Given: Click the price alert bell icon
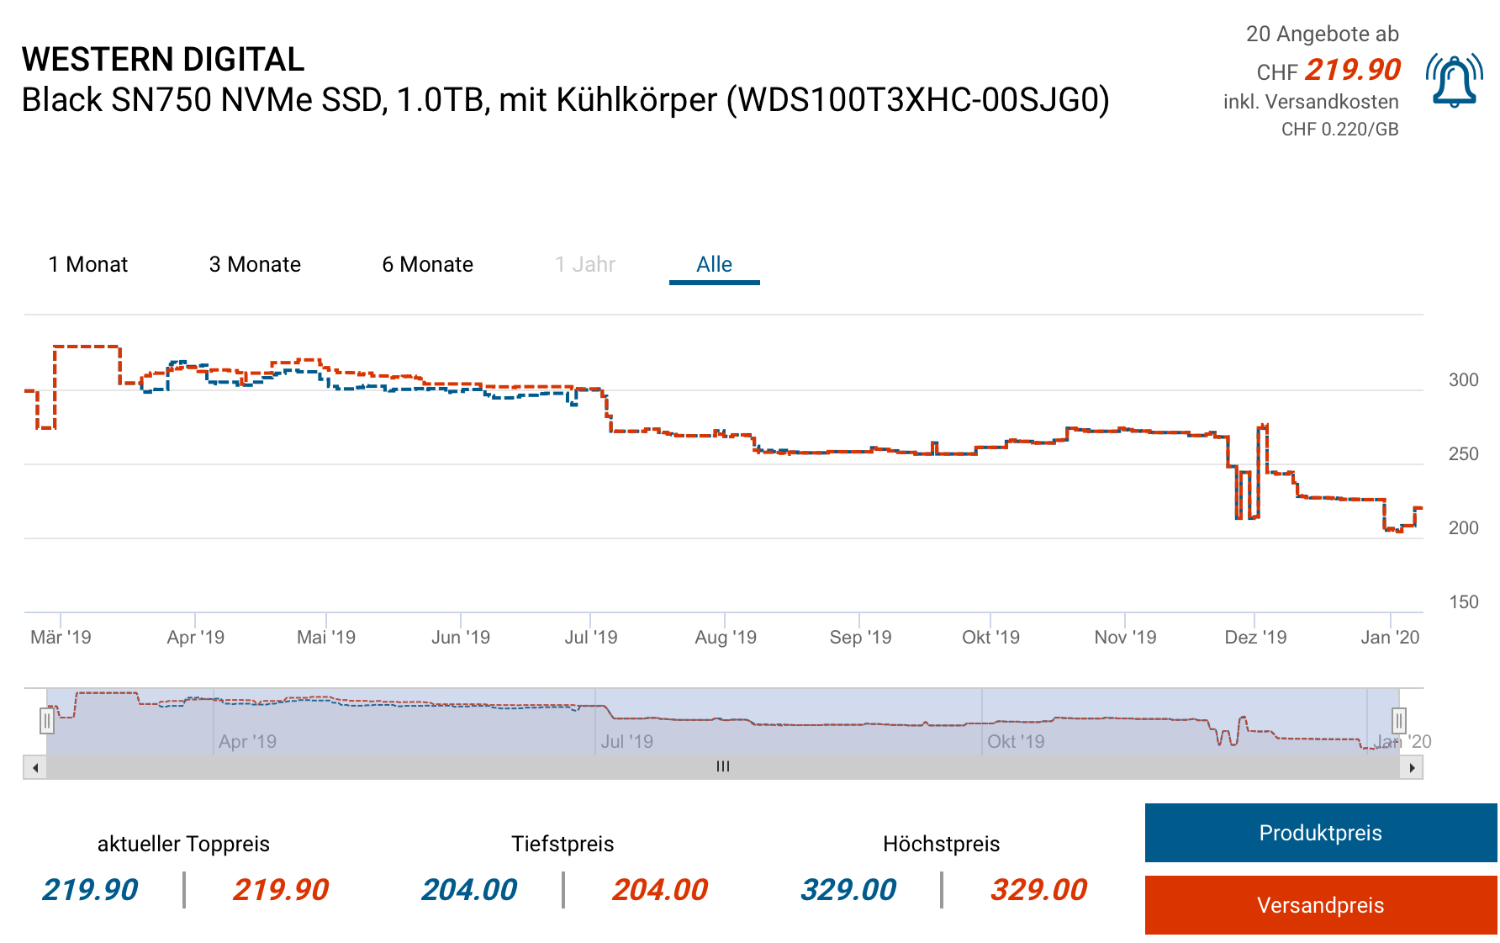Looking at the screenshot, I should pyautogui.click(x=1454, y=81).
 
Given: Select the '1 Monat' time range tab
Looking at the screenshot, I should pyautogui.click(x=88, y=264).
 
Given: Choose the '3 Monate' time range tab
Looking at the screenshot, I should pyautogui.click(x=255, y=264).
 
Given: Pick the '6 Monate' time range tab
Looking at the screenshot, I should pyautogui.click(x=427, y=264).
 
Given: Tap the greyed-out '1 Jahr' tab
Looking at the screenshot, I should pyautogui.click(x=585, y=264).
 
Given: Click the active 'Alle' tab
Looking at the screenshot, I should pyautogui.click(x=714, y=264).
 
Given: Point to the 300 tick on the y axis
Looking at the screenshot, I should pyautogui.click(x=1463, y=380).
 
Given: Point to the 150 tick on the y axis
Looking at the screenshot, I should pyautogui.click(x=1463, y=602).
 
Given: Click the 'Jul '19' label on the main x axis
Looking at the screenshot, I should pyautogui.click(x=591, y=638).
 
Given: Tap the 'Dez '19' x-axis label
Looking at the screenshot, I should pyautogui.click(x=1255, y=638).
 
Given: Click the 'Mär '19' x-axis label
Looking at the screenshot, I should pyautogui.click(x=61, y=638).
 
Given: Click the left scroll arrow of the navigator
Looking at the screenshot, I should pyautogui.click(x=34, y=767).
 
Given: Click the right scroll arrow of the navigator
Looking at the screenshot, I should pyautogui.click(x=1412, y=767).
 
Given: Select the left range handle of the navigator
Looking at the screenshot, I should pyautogui.click(x=47, y=721).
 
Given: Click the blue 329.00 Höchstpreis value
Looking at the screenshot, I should pyautogui.click(x=848, y=889).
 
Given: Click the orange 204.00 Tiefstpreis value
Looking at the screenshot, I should pyautogui.click(x=660, y=889).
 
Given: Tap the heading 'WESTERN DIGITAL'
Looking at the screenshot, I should pyautogui.click(x=163, y=60).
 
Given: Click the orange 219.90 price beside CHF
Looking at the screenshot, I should pyautogui.click(x=1352, y=70).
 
